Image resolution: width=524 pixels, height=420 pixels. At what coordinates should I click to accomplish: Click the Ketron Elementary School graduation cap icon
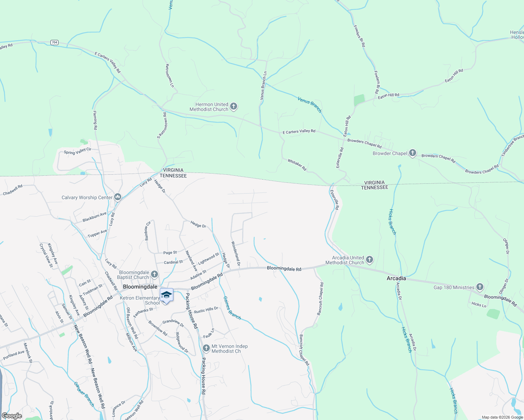tap(166, 295)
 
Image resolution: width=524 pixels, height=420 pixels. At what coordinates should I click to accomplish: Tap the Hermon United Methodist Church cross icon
tap(234, 106)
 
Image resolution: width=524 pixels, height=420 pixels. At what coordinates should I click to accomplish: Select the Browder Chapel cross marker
tap(413, 153)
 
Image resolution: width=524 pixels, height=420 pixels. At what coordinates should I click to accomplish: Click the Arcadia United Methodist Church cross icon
tap(369, 260)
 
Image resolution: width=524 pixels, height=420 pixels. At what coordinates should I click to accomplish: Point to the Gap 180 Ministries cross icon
tap(480, 287)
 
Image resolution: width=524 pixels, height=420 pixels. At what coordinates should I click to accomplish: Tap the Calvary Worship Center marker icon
tap(117, 197)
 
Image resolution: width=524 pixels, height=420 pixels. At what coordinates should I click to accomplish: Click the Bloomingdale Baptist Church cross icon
tap(154, 274)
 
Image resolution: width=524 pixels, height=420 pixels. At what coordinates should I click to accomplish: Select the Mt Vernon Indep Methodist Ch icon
tap(206, 348)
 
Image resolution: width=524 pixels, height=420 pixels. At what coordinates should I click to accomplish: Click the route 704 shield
tap(54, 42)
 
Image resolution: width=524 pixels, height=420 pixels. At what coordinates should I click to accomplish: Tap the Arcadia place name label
tap(396, 279)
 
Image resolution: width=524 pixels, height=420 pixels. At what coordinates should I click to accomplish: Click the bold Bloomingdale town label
tap(140, 287)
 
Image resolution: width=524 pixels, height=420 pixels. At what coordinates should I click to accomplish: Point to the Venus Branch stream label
tap(310, 104)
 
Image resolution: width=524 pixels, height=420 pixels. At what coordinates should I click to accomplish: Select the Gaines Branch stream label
tap(232, 308)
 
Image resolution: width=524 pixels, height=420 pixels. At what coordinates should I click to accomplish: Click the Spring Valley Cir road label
tap(77, 151)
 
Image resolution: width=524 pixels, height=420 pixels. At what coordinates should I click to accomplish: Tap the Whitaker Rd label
tap(297, 165)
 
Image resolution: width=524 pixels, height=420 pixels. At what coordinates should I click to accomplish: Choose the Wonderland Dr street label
tap(236, 253)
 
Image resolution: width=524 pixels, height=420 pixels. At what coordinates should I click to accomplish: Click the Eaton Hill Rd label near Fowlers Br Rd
tap(388, 95)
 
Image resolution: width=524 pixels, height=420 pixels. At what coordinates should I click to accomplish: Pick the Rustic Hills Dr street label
tap(206, 310)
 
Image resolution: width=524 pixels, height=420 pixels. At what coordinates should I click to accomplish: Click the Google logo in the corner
tap(12, 415)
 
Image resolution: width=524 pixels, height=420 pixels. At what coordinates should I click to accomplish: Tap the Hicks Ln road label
tap(479, 304)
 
